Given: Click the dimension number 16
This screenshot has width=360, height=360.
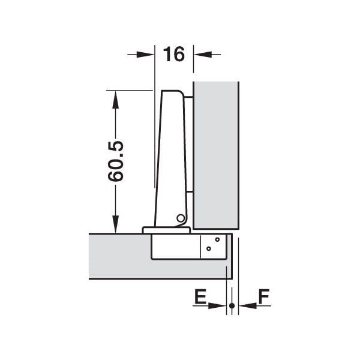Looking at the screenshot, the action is pos(174,54).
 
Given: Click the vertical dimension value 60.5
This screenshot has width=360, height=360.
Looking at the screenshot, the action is pos(116,161).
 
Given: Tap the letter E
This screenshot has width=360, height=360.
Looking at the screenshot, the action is pos(200,296).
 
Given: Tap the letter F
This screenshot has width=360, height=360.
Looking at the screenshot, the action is pos(264,296).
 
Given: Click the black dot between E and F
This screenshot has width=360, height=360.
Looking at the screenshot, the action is pos(232,306).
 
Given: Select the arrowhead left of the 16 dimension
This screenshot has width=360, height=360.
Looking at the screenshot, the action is pos(145,55).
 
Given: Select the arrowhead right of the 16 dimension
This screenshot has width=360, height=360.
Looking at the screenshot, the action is pos(203,55).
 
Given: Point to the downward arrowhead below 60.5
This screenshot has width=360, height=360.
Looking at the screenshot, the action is pos(115,224).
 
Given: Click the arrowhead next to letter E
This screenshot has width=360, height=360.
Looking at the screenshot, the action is pos(217,305).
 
